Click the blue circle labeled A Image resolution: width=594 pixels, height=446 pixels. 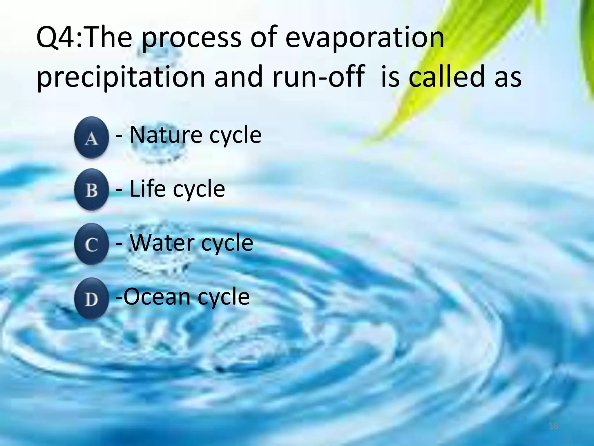[91, 137]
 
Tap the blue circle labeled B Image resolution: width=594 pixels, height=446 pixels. [91, 190]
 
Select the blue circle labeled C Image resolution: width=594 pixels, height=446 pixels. [91, 244]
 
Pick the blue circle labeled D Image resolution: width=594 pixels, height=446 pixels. [91, 298]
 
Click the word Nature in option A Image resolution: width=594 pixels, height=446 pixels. [166, 135]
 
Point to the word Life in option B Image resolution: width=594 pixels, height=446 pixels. [147, 189]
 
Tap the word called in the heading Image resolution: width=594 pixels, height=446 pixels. [447, 77]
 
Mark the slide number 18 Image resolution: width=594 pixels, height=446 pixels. [553, 426]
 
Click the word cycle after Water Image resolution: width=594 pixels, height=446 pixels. [227, 243]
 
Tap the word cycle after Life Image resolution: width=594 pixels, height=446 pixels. [199, 189]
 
